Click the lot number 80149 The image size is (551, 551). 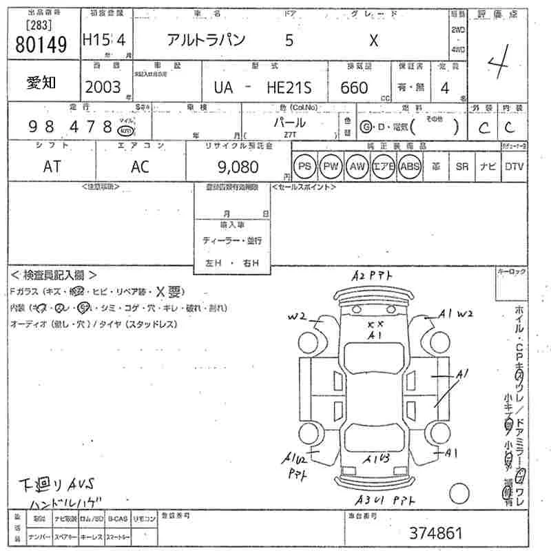coord(41,45)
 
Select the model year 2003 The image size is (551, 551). coord(102,87)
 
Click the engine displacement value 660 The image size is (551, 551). coord(354,87)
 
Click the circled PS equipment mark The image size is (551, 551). coord(304,167)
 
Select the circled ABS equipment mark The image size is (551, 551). coord(410,167)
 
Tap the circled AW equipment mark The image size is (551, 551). coord(357,167)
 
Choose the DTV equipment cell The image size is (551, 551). coord(514,167)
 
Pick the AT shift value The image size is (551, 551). coord(52,167)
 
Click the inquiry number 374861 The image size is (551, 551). coord(436,532)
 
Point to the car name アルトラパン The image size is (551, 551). coord(206,41)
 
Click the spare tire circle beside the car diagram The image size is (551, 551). coord(459,494)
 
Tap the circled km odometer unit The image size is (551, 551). coord(125,131)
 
